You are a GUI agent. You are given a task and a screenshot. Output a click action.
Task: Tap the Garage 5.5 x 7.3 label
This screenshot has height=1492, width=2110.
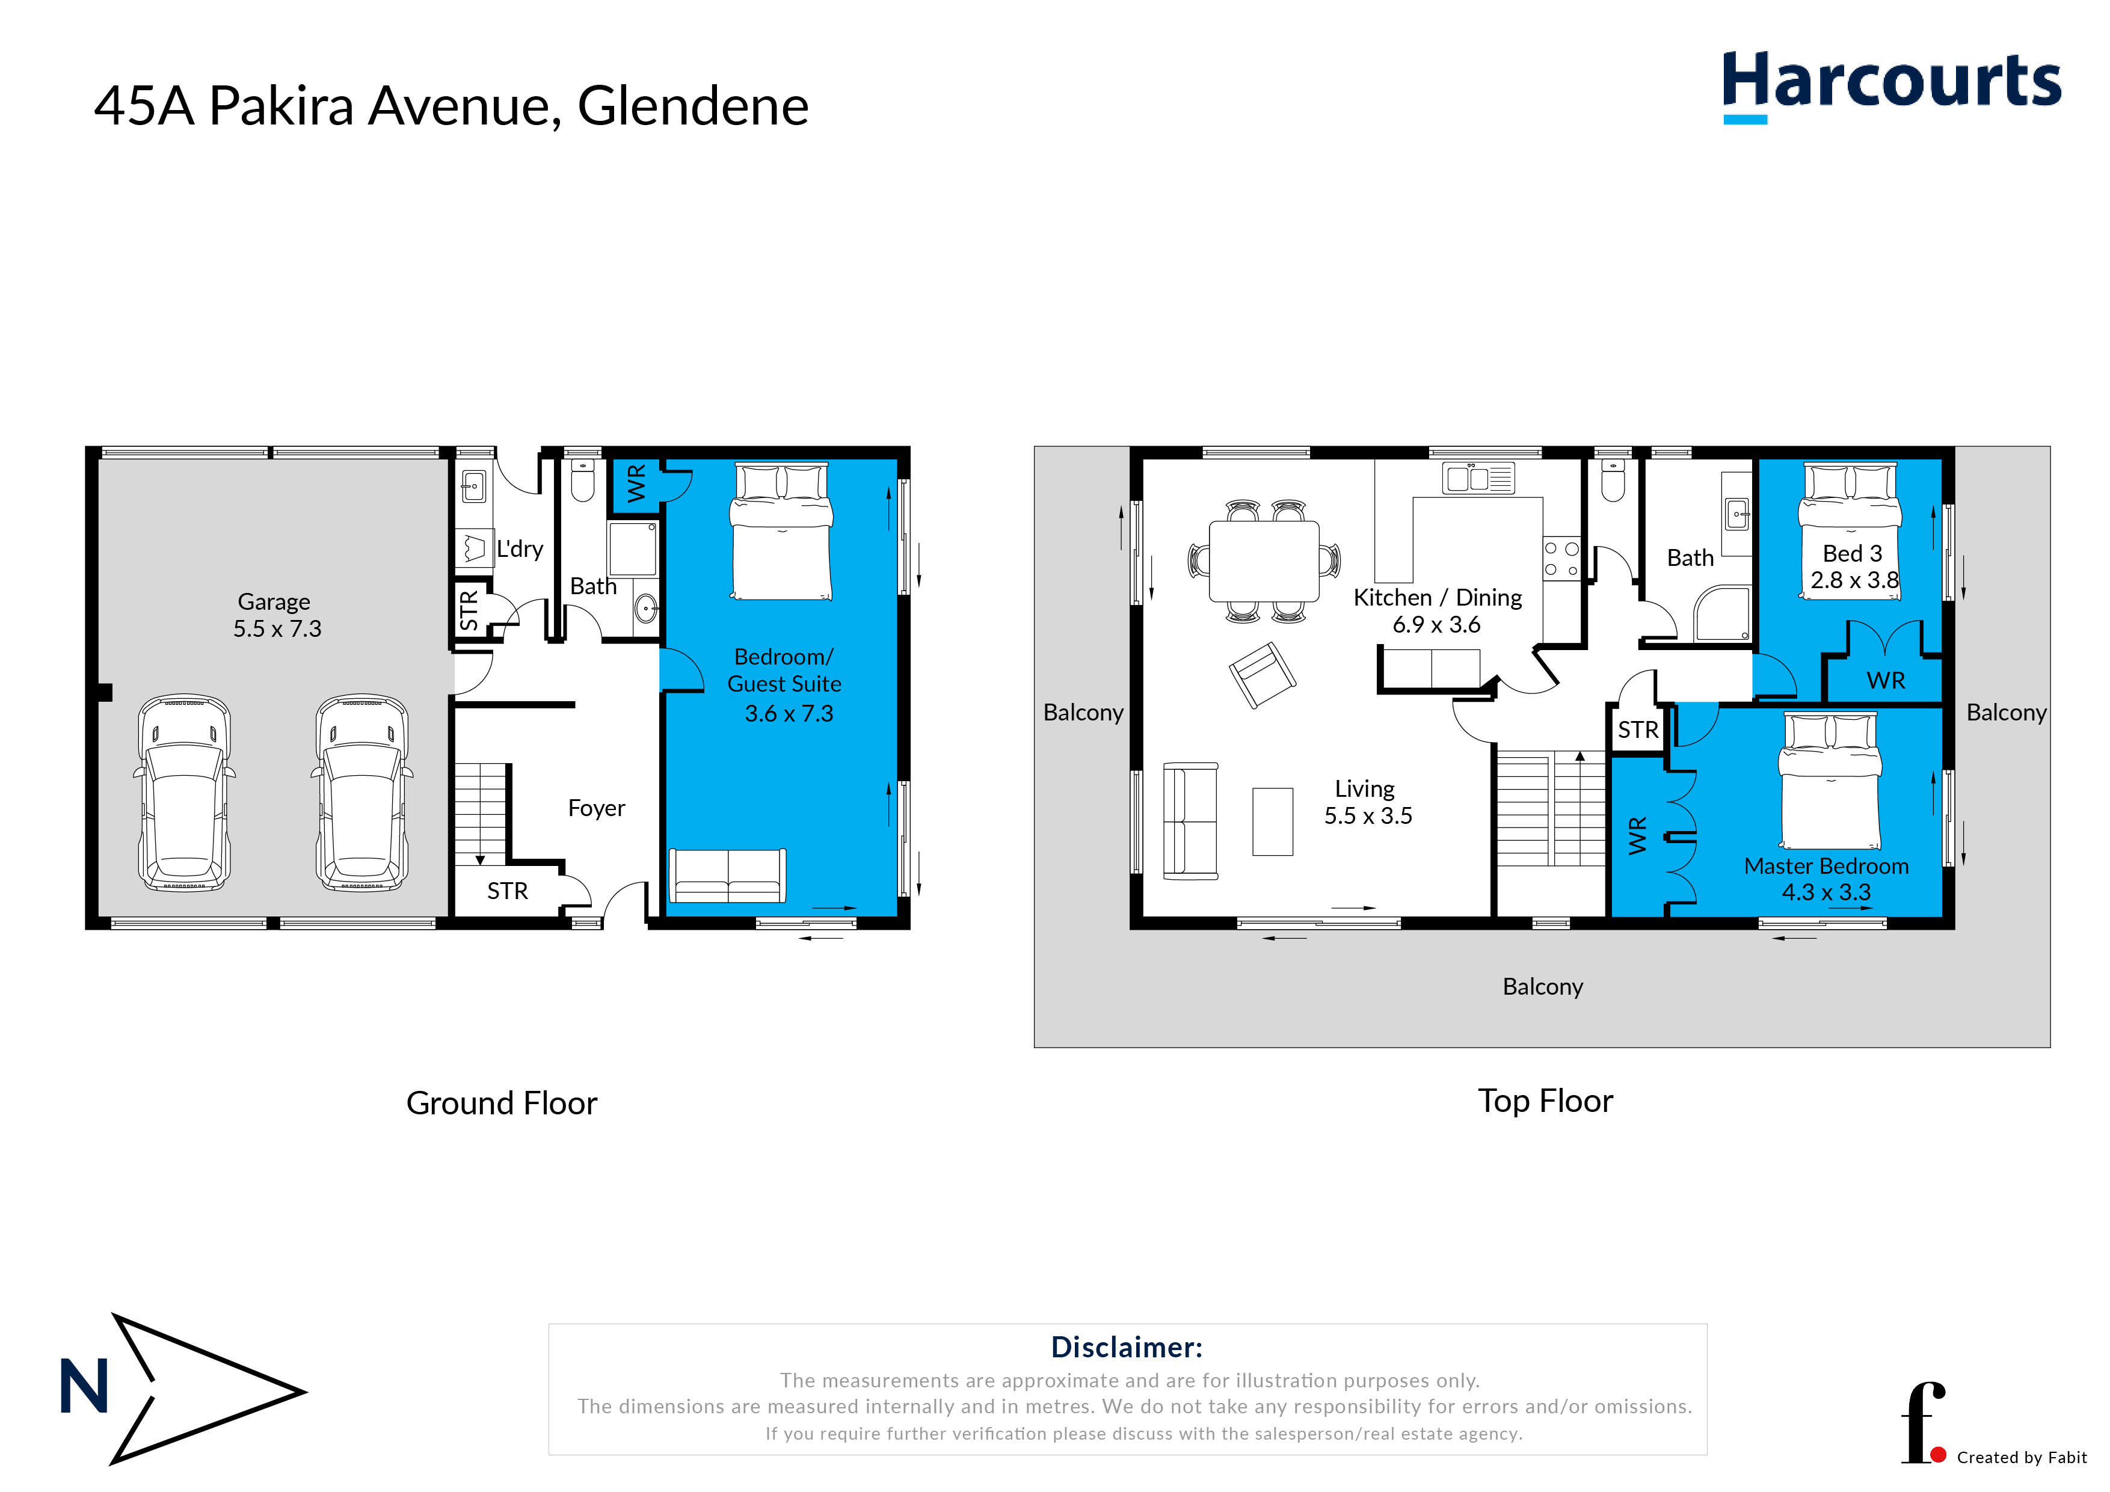[275, 616]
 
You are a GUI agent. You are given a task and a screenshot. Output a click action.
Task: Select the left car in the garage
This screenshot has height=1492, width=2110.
[184, 793]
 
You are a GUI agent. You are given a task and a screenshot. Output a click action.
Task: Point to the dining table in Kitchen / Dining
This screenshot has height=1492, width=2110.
[1264, 560]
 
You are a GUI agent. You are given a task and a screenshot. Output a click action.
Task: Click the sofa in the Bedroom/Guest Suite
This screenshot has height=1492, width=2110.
[727, 876]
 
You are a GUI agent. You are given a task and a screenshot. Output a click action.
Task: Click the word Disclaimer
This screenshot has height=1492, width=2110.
[1126, 1347]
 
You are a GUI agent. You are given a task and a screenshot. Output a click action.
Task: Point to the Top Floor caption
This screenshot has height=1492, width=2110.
[1545, 1101]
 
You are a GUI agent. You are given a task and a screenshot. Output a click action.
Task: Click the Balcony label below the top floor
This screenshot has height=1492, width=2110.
[1542, 987]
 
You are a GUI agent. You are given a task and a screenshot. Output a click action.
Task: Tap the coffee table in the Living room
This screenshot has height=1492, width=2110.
[1272, 821]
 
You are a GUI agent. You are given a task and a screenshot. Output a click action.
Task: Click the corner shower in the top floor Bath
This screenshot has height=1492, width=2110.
[1722, 614]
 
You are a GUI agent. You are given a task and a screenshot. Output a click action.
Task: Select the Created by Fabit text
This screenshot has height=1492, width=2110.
[2021, 1457]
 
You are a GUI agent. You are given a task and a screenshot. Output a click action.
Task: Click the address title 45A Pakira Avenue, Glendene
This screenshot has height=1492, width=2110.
[451, 106]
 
